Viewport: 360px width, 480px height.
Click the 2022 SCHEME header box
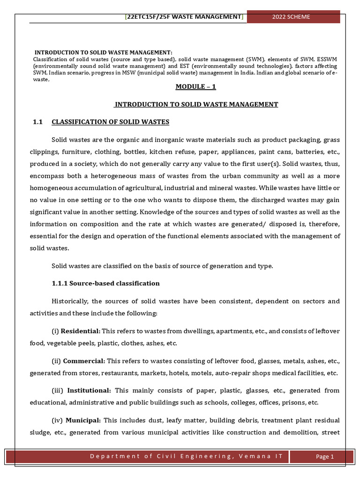pos(293,17)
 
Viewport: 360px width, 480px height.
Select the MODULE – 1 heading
pos(195,87)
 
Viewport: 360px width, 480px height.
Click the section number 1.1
pos(37,122)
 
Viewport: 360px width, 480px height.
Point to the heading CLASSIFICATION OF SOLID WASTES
pos(110,122)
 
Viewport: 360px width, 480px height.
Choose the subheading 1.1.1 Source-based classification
pos(105,283)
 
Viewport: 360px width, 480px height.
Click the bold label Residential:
pos(81,331)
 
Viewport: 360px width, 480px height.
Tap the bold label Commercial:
pos(84,361)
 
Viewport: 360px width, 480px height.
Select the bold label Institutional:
pos(89,390)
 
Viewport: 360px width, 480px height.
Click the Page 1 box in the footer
pos(324,457)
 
